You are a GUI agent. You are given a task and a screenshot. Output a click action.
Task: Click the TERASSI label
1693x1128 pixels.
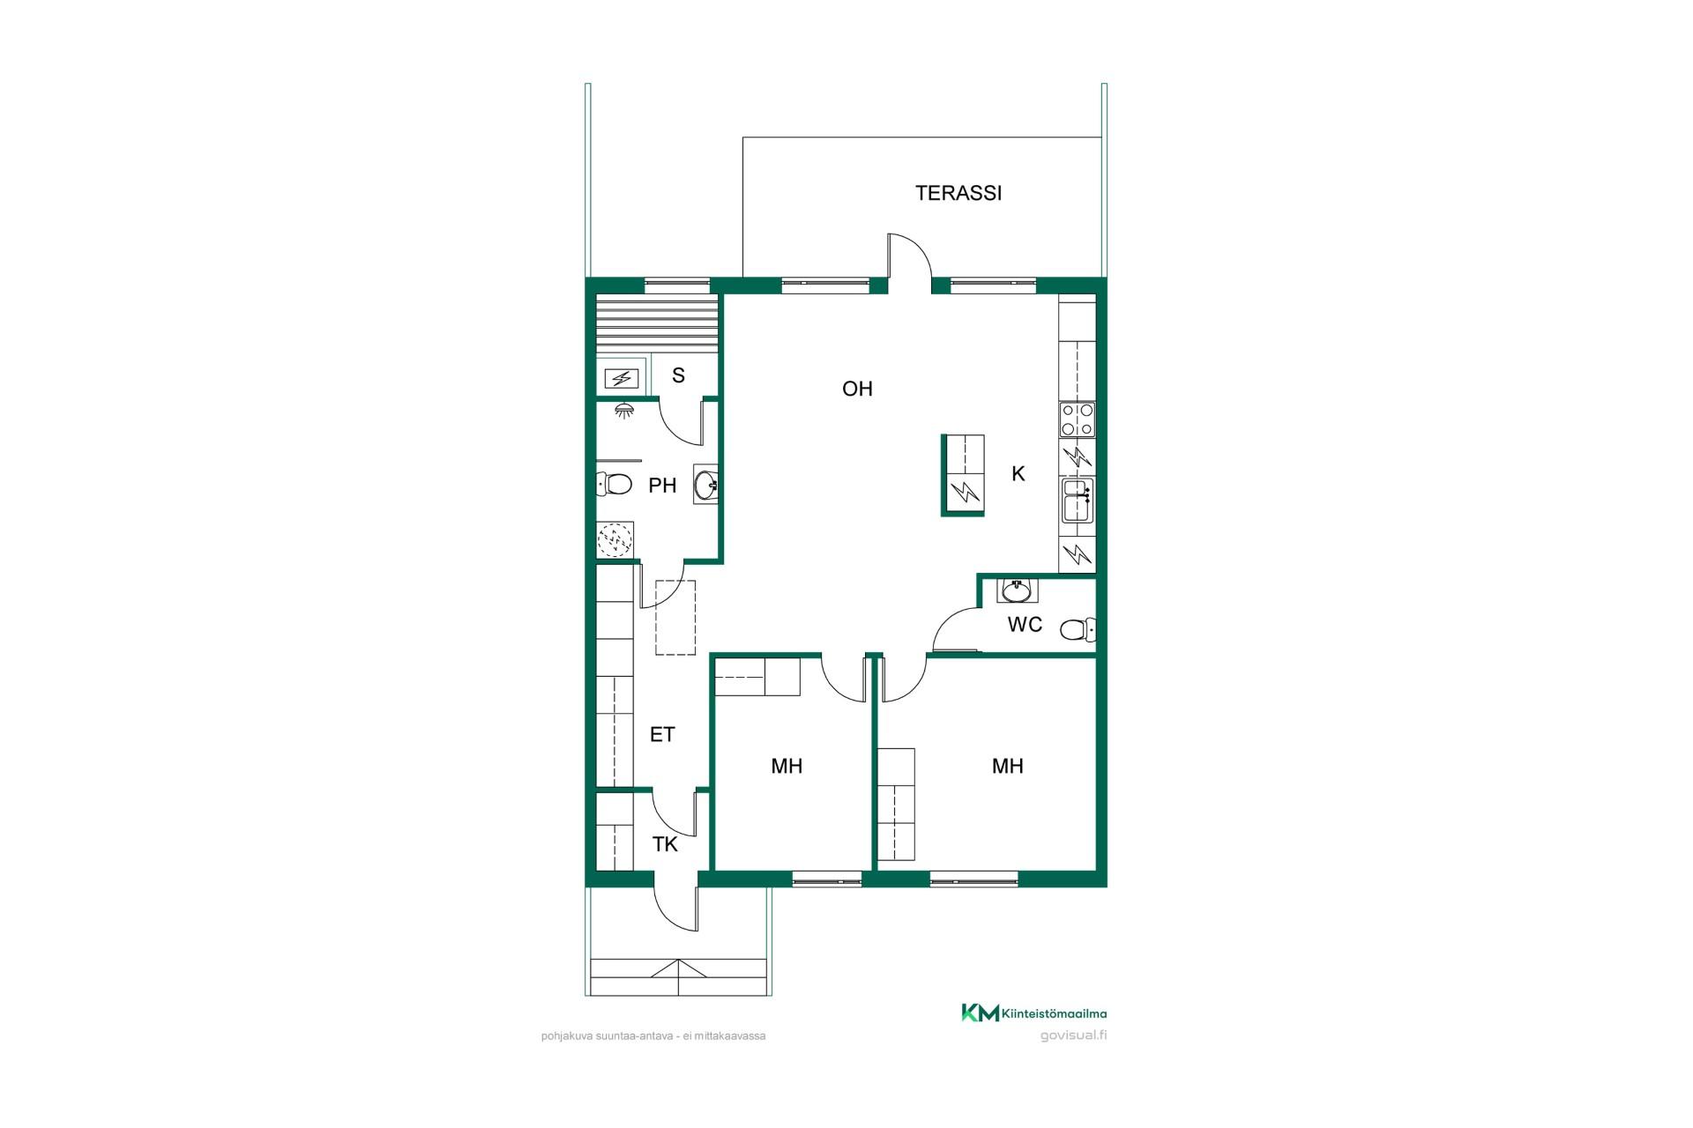tap(958, 193)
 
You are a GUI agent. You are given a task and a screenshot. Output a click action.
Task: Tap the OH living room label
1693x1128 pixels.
tap(857, 389)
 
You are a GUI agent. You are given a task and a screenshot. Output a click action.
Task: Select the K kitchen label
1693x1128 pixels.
tap(1018, 474)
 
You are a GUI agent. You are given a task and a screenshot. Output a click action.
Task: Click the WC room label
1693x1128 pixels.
tap(1025, 625)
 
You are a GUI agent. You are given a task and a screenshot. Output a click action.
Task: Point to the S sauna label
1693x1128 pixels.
tap(678, 375)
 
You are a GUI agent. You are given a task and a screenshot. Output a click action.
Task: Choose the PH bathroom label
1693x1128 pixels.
tap(662, 486)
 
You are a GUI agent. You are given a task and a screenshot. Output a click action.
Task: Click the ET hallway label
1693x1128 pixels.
tap(662, 734)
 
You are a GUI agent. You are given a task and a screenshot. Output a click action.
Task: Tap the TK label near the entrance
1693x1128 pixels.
tap(665, 844)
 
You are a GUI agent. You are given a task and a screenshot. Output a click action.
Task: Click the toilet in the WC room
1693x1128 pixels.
tap(1077, 629)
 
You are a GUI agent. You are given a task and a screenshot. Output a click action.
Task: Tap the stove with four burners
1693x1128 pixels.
tap(1077, 419)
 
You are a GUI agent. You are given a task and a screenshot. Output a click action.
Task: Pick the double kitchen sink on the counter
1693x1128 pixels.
tap(1077, 501)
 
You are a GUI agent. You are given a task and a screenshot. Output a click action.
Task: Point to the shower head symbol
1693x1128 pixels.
tap(623, 410)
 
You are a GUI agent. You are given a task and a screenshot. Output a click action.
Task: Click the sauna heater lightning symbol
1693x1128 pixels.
tap(623, 380)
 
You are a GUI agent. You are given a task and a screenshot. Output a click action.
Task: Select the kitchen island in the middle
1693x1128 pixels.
tap(963, 475)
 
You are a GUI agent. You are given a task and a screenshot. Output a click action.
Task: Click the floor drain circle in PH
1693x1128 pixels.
tap(615, 539)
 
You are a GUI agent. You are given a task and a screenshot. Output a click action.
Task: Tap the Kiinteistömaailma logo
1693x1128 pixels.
tap(1033, 1013)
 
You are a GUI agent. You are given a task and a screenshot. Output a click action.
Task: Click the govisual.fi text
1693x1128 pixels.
tap(1074, 1035)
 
